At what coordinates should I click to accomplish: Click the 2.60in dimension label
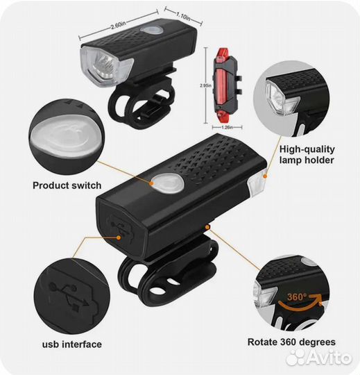(x=118, y=26)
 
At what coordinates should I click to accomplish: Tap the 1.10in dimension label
(x=183, y=17)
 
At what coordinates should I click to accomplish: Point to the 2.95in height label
(x=206, y=85)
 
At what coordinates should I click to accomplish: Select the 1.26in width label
(x=228, y=128)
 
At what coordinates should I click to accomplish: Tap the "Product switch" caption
(x=67, y=185)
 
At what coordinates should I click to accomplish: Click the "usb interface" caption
(x=72, y=344)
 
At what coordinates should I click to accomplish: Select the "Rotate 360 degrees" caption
(x=291, y=342)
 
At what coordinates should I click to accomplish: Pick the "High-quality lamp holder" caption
(x=307, y=154)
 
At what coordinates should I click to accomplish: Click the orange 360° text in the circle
(x=297, y=297)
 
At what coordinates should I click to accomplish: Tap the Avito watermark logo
(x=319, y=358)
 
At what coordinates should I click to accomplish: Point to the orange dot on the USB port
(x=119, y=237)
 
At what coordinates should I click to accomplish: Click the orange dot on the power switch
(x=151, y=183)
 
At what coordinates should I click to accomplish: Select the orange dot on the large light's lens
(x=265, y=176)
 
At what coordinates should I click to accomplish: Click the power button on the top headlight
(x=152, y=30)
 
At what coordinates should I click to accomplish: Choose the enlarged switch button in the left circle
(x=67, y=136)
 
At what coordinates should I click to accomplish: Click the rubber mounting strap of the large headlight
(x=167, y=275)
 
